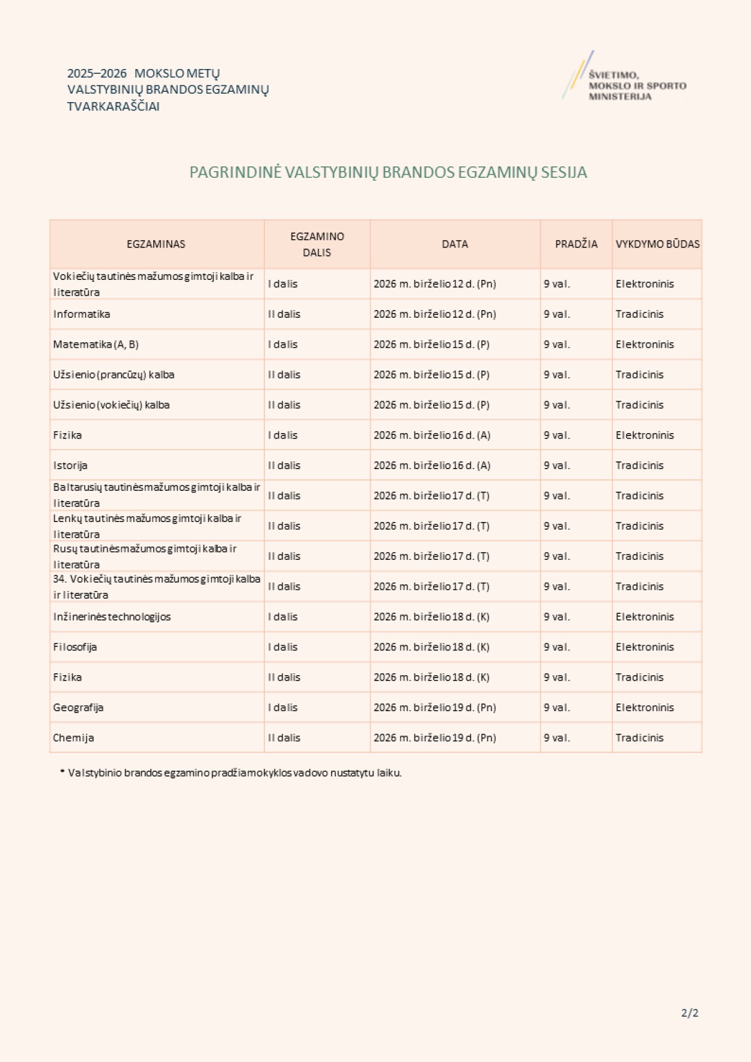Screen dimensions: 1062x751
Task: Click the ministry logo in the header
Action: click(x=625, y=77)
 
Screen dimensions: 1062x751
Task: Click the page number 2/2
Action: click(x=690, y=1013)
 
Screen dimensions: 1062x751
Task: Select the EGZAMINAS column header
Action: click(x=156, y=244)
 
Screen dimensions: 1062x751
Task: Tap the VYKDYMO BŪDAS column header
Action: click(x=657, y=244)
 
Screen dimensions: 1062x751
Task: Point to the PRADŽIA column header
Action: click(x=576, y=244)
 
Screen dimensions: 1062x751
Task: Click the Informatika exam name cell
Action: click(x=82, y=314)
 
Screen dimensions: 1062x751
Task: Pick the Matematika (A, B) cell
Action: click(x=96, y=344)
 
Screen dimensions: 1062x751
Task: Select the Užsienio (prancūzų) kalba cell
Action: click(x=114, y=375)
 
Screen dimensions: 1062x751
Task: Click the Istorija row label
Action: click(x=70, y=466)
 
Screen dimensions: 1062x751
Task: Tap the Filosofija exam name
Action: click(x=75, y=647)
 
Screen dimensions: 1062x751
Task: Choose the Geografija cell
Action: click(x=78, y=708)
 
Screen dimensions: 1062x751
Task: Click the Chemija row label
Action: click(x=73, y=738)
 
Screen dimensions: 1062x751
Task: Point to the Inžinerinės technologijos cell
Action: click(x=112, y=617)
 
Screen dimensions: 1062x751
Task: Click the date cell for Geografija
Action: click(x=435, y=708)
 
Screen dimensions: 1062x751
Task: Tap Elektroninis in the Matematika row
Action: click(x=645, y=344)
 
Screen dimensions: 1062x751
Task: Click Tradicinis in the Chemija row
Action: click(x=639, y=738)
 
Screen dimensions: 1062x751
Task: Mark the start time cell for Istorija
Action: click(x=557, y=466)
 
